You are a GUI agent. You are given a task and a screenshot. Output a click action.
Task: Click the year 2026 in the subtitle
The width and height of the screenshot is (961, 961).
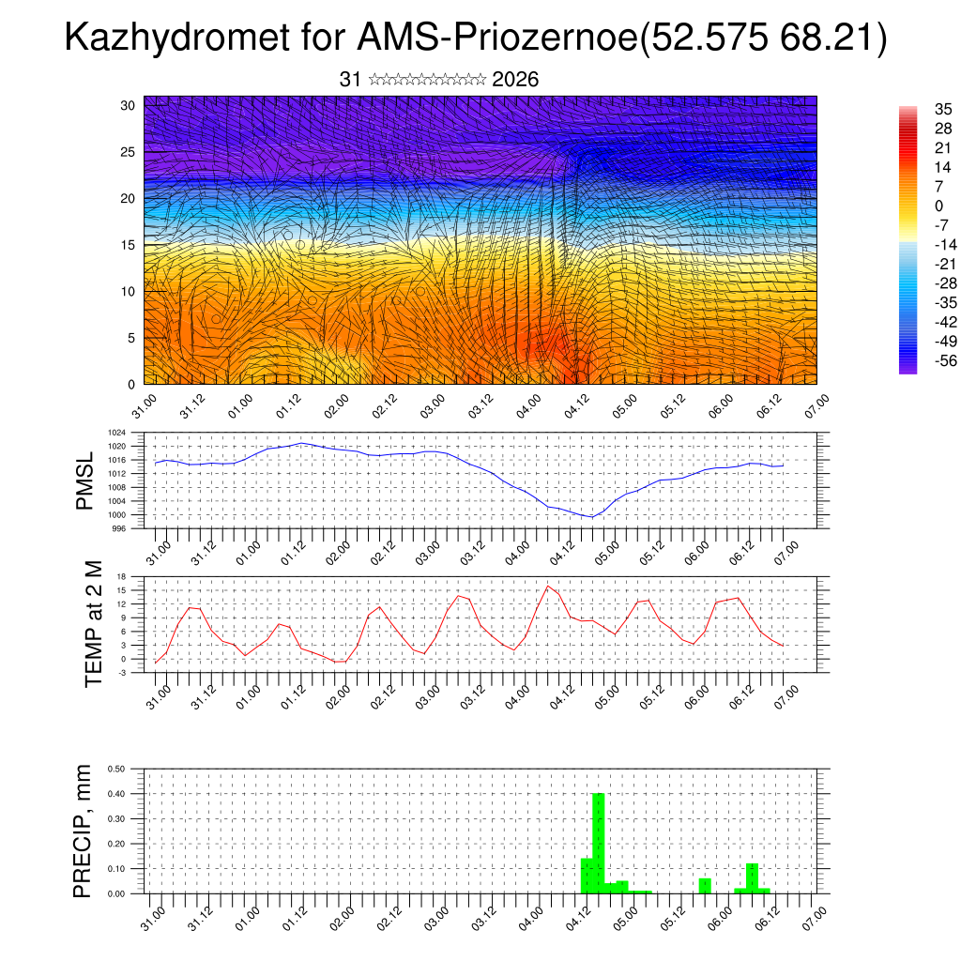[515, 80]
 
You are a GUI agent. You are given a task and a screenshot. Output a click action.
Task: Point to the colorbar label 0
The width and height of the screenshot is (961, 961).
[930, 206]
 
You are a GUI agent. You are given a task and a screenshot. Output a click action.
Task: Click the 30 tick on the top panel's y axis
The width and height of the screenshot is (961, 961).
[129, 105]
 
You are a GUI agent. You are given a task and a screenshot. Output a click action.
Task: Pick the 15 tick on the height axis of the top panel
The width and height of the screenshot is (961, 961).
[129, 245]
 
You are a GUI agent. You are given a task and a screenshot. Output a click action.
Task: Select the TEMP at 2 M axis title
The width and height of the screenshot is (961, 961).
[93, 625]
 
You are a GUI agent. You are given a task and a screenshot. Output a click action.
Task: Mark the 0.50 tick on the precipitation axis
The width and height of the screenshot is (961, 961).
[117, 769]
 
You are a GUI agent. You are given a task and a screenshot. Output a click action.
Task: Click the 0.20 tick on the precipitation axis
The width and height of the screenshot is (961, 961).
[117, 844]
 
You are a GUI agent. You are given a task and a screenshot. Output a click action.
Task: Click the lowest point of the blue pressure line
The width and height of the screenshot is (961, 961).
[591, 517]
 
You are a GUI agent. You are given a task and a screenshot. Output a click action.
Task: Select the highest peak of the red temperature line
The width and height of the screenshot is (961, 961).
[548, 586]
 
